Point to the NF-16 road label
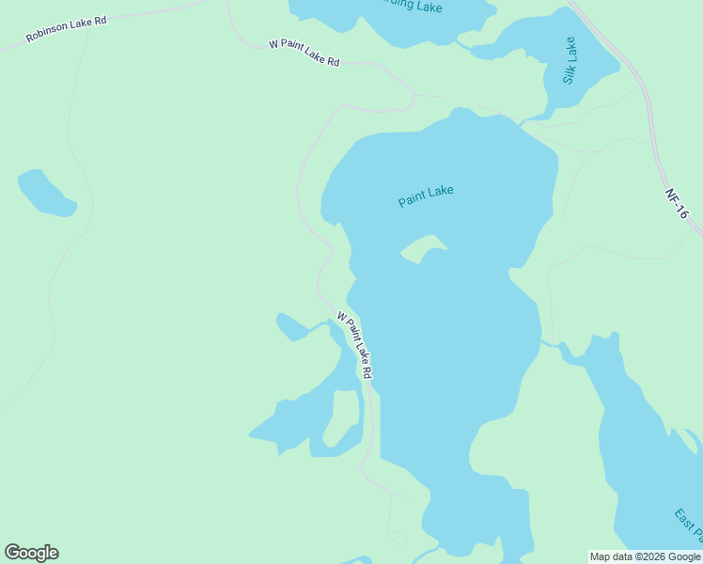(x=677, y=204)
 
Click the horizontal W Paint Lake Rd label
(x=304, y=53)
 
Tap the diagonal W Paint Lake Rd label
(x=354, y=345)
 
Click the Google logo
(x=31, y=553)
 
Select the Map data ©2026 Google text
(x=645, y=556)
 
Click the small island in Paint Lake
(x=423, y=248)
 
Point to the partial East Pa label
(x=687, y=526)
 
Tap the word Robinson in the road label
(x=45, y=34)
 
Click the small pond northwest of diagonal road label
(x=291, y=327)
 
